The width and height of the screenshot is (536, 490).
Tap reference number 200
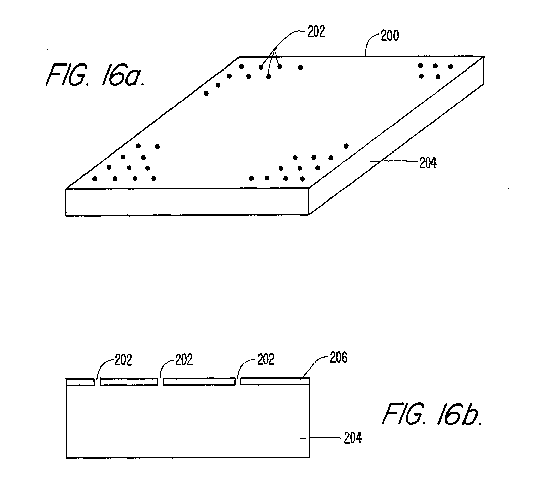tap(390, 36)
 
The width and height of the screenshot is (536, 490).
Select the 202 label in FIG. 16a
tap(316, 32)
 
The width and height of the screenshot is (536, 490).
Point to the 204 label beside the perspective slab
tap(428, 163)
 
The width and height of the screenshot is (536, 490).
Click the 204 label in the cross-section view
tap(353, 438)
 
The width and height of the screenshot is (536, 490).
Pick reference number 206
tap(339, 357)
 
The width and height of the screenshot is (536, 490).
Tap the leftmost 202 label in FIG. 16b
tap(123, 360)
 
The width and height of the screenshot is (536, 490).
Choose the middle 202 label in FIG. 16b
tap(184, 360)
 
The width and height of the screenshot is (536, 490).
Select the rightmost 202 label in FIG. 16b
tap(266, 359)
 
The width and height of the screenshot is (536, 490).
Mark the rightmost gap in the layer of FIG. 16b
tap(238, 382)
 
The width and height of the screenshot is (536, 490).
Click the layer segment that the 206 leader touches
tap(275, 381)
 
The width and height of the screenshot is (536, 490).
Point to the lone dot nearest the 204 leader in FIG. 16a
tap(346, 146)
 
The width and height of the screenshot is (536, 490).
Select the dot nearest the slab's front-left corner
tap(95, 179)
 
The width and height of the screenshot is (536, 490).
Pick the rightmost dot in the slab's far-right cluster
tap(450, 67)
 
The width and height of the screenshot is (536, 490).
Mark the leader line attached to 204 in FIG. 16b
tap(320, 437)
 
